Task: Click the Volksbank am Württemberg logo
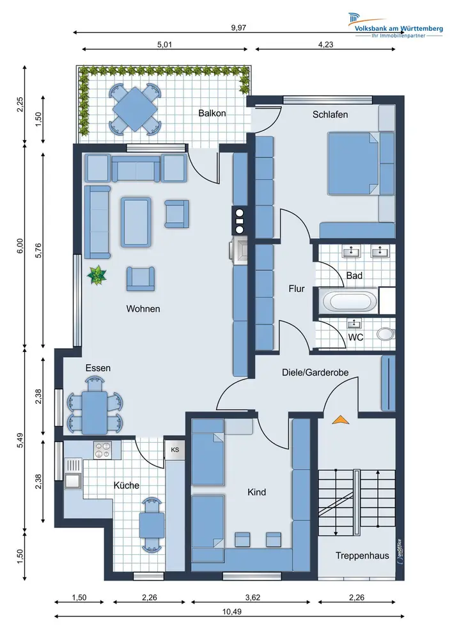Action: pyautogui.click(x=395, y=26)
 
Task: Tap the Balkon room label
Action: pyautogui.click(x=212, y=113)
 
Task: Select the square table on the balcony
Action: pyautogui.click(x=135, y=109)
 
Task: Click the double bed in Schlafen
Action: pyautogui.click(x=354, y=163)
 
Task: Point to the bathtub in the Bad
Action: pyautogui.click(x=350, y=301)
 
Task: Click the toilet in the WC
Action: pyautogui.click(x=386, y=334)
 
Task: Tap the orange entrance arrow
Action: pyautogui.click(x=340, y=420)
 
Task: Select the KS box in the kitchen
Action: pyautogui.click(x=175, y=450)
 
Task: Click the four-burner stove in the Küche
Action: pyautogui.click(x=102, y=450)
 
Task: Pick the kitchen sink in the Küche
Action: pyautogui.click(x=73, y=474)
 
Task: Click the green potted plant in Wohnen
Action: pyautogui.click(x=97, y=275)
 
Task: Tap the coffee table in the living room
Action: pyautogui.click(x=136, y=222)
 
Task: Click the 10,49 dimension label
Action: pyautogui.click(x=232, y=611)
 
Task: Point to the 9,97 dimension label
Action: pyautogui.click(x=238, y=28)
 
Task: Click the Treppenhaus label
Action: pyautogui.click(x=362, y=556)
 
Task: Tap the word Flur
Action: pyautogui.click(x=296, y=289)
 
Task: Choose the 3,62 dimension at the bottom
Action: pyautogui.click(x=253, y=598)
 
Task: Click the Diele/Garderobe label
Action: pyautogui.click(x=315, y=372)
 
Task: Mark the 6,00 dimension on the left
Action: pyautogui.click(x=20, y=246)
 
